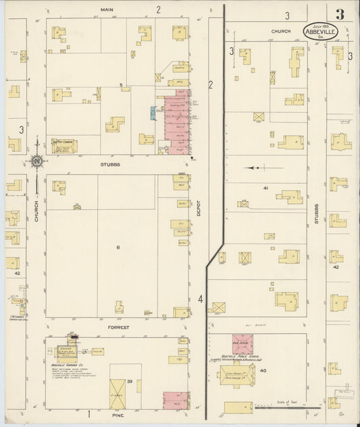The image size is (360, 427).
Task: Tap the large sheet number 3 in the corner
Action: (x=340, y=14)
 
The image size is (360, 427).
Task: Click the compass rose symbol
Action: (x=37, y=161)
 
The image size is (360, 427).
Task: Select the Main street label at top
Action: (x=105, y=9)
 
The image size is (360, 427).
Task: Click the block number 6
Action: (x=118, y=247)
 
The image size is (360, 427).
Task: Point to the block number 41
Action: (x=267, y=187)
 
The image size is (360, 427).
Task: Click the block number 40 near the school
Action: (x=282, y=371)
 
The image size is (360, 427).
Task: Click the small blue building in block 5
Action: (x=153, y=113)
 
